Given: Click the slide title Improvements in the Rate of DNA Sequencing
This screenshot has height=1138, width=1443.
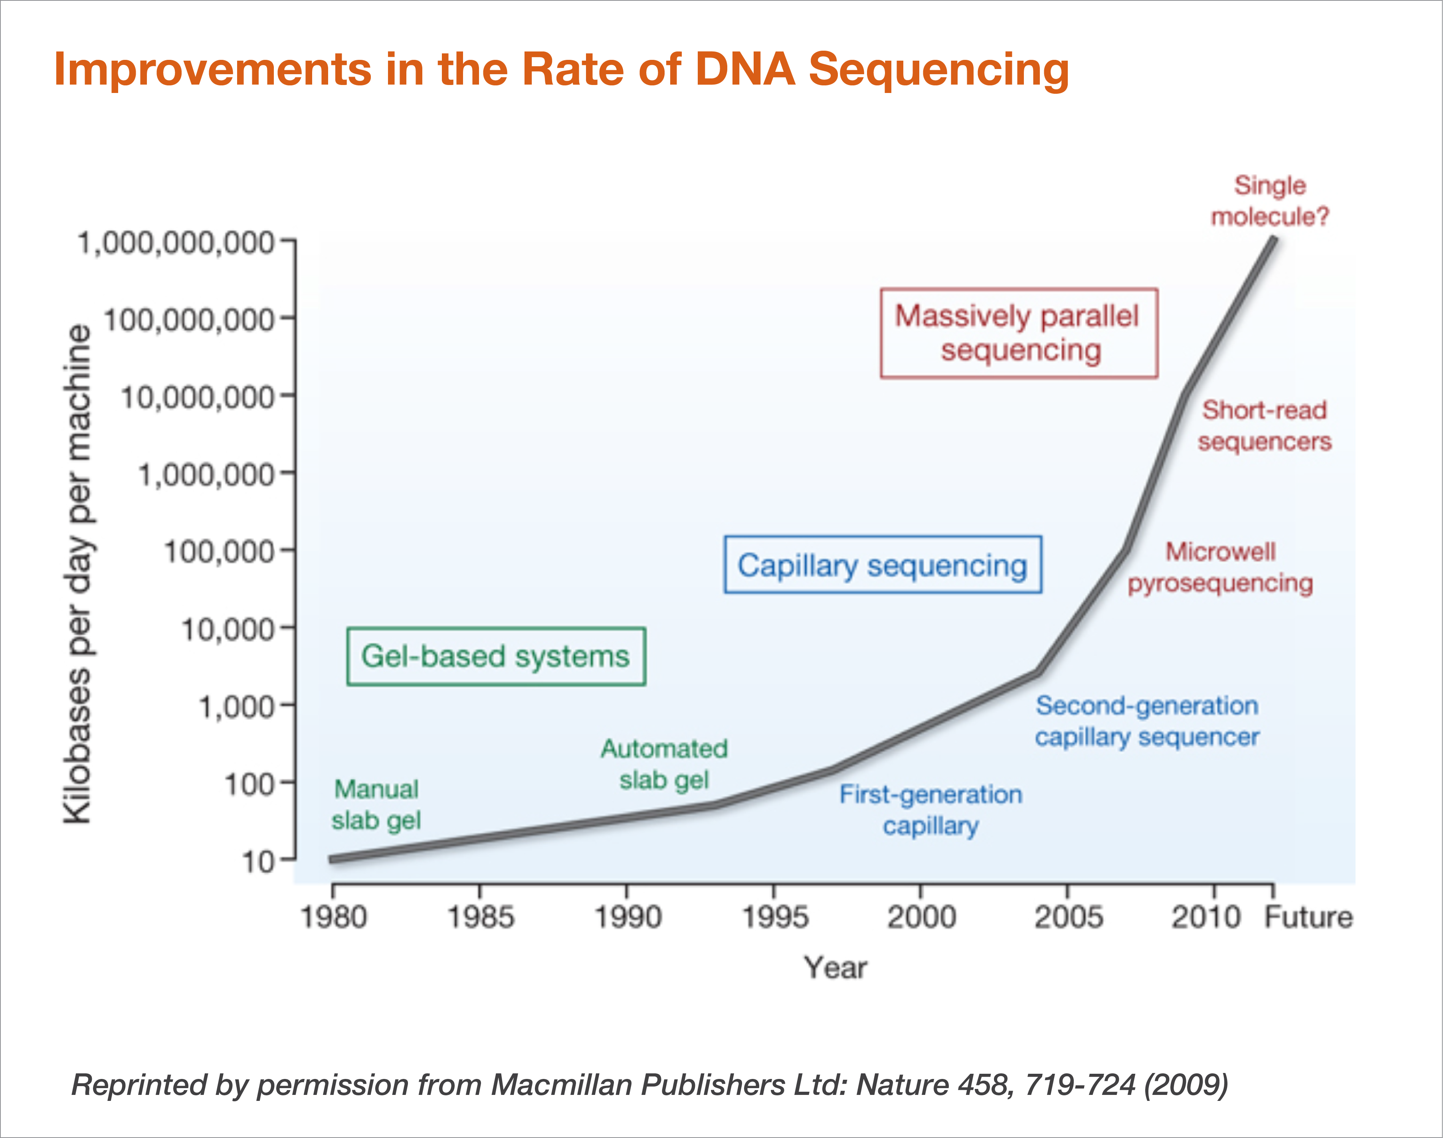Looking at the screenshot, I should click(x=561, y=69).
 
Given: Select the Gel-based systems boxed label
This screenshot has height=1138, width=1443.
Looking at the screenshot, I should click(x=496, y=656).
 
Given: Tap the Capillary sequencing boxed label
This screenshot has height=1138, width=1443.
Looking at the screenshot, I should click(x=883, y=565).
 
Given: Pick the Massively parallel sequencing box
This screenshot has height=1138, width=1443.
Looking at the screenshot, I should click(x=1018, y=333).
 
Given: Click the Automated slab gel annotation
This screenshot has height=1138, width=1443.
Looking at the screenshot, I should click(x=664, y=764).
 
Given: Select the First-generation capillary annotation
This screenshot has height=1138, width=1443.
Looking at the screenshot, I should click(x=930, y=810).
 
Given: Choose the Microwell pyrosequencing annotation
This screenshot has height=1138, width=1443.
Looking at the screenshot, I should click(x=1220, y=567).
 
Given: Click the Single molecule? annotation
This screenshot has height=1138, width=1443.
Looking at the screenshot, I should click(x=1270, y=201).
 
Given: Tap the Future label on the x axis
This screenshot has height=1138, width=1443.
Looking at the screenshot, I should click(x=1309, y=917).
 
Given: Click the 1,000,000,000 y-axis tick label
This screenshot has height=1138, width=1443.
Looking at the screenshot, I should click(x=176, y=243).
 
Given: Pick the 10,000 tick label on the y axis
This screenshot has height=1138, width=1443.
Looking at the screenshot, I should click(x=227, y=629).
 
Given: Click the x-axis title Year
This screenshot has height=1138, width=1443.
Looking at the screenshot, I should click(x=835, y=968).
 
